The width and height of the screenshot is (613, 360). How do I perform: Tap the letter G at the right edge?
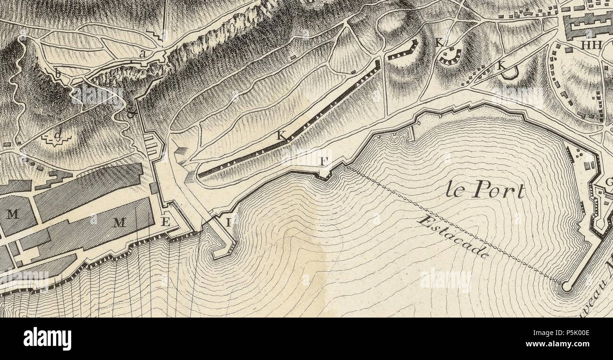608,182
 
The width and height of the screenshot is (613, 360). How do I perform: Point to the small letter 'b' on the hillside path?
58,74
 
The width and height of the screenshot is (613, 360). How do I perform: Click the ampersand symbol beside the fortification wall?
131,114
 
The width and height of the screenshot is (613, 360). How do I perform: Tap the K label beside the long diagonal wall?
281,136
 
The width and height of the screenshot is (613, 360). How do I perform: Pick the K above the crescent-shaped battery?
439,42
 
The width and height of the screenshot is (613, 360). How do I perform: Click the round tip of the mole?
566,286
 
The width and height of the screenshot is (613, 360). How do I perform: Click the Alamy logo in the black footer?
47,338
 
